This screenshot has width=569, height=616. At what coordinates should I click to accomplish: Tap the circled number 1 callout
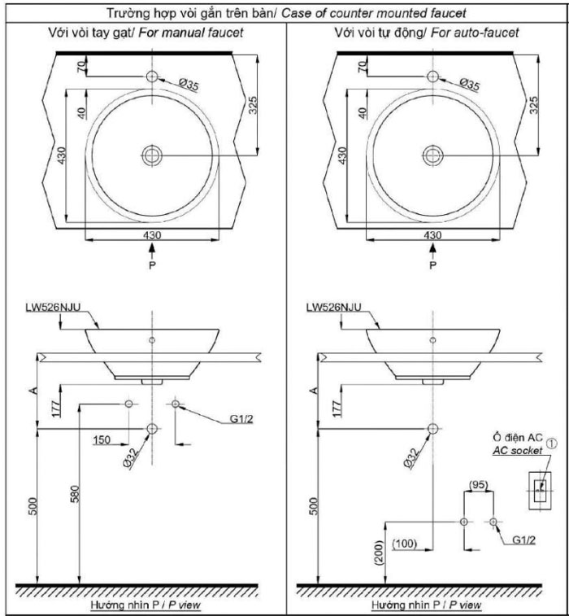(552, 442)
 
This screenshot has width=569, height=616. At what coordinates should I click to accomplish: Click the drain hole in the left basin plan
(152, 155)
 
